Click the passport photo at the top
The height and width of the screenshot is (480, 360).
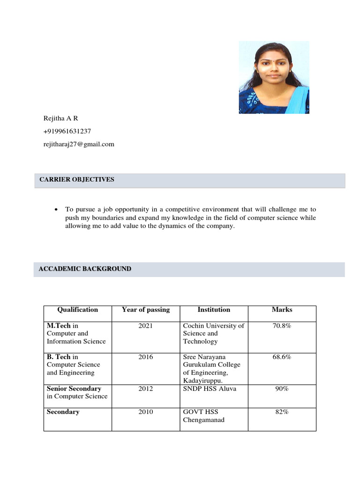coord(274,77)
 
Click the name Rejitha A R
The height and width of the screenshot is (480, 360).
coord(60,118)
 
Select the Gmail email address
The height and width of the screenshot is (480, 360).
coord(78,144)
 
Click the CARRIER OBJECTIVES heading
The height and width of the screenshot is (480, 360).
coord(77,180)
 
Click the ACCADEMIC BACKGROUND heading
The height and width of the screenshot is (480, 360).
coord(85,269)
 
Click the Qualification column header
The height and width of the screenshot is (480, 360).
coord(77,310)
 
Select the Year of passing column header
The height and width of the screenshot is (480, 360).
coord(146,310)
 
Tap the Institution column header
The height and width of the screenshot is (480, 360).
coord(214,310)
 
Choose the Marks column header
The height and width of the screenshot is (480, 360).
coord(282,310)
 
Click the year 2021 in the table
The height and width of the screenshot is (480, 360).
coord(146,326)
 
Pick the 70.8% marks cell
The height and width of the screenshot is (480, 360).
coord(282,326)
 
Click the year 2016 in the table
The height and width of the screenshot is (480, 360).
coord(146,357)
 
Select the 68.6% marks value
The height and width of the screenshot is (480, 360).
coord(282,357)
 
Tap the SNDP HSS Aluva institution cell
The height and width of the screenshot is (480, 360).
coord(210,389)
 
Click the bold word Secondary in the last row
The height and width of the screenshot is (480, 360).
coord(63,412)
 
